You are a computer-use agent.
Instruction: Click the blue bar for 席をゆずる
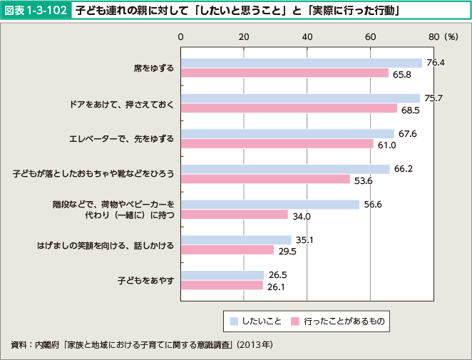pos(301,63)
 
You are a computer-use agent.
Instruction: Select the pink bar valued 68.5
pos(289,108)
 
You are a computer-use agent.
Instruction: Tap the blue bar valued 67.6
pos(287,133)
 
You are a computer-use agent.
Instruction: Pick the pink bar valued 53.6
pos(265,179)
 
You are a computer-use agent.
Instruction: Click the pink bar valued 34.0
pos(235,215)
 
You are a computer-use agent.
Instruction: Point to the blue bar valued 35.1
pos(236,240)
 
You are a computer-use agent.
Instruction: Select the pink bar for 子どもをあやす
pos(222,285)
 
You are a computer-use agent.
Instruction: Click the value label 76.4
pos(435,63)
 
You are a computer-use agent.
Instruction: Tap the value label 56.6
pos(373,205)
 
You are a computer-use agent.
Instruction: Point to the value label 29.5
pos(287,250)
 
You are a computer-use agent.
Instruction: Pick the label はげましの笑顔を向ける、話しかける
pos(106,245)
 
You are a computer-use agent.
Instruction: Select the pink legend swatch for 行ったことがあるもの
pos(294,322)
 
